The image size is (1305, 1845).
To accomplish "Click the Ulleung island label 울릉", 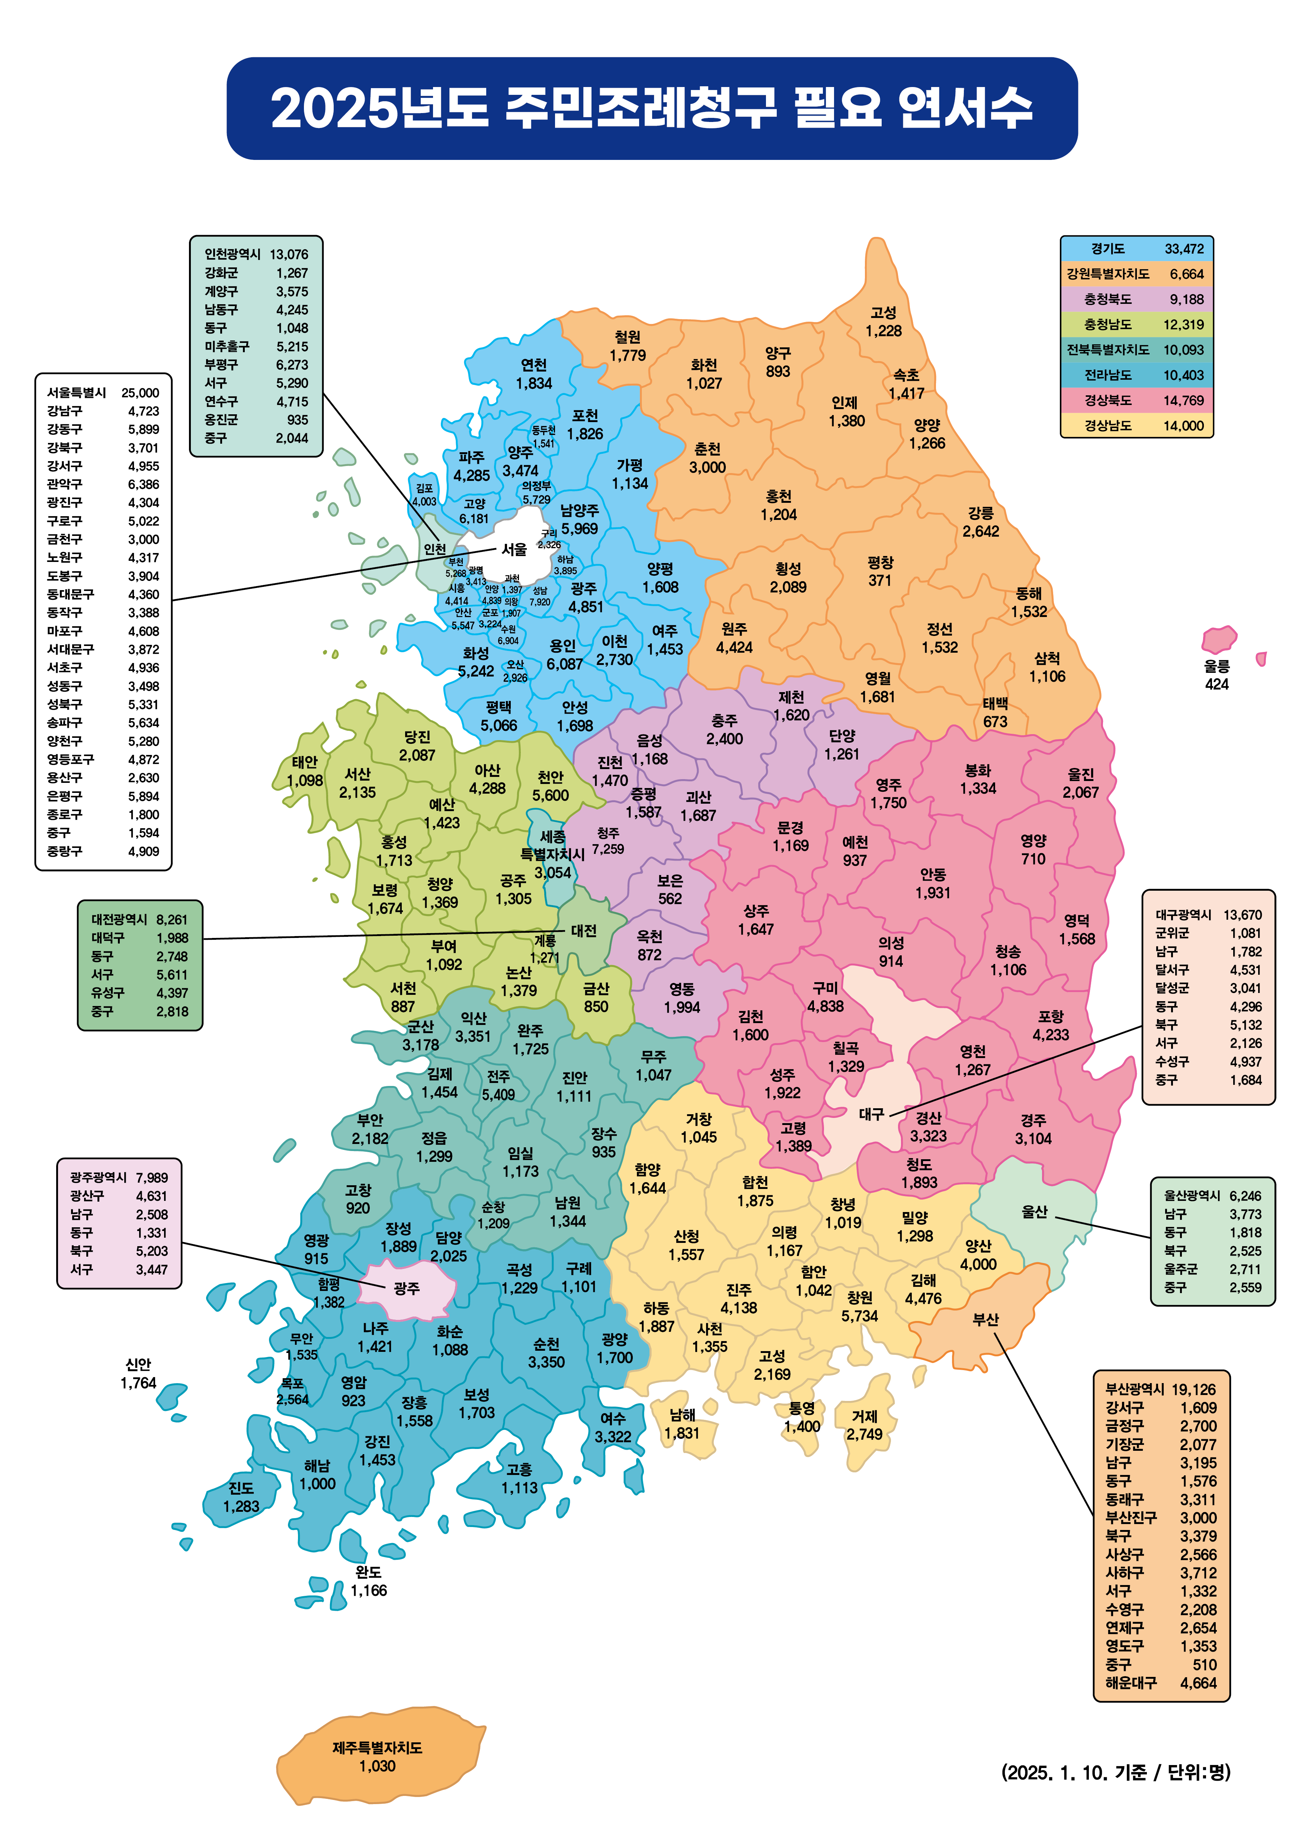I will [1216, 666].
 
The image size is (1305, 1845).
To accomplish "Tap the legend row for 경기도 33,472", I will [1136, 249].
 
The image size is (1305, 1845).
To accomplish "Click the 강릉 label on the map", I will [980, 513].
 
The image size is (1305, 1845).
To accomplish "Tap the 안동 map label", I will [933, 874].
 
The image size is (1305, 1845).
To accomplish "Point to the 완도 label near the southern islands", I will [368, 1573].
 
